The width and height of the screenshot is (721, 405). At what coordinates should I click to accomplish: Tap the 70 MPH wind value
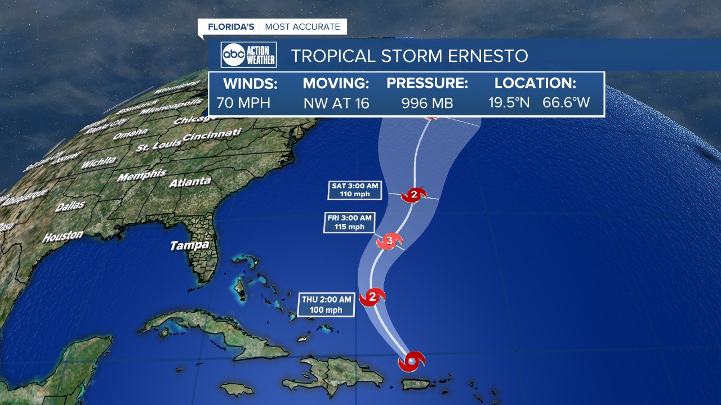[243, 103]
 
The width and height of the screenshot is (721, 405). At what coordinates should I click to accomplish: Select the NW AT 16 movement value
[336, 103]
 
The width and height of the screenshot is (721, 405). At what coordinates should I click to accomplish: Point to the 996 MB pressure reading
[427, 103]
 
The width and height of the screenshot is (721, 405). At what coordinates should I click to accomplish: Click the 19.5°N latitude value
[509, 103]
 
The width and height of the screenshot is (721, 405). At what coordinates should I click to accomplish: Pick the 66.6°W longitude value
[566, 103]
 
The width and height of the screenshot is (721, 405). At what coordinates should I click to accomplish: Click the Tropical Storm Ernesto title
[410, 56]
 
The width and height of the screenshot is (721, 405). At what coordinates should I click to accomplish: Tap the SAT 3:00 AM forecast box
[355, 190]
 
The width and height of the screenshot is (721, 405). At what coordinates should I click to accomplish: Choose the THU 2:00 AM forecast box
[326, 304]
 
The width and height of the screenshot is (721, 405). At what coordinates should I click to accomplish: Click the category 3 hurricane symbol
[389, 242]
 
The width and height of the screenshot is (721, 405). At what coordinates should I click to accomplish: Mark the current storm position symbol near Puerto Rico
[412, 361]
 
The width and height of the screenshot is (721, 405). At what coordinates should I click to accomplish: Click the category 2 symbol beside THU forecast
[372, 296]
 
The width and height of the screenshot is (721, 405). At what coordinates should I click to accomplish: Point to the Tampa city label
[190, 245]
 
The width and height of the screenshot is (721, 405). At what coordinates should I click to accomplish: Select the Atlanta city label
[190, 182]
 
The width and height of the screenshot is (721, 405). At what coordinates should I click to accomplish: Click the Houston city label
[63, 236]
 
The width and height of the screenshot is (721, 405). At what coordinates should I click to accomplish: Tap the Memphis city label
[142, 175]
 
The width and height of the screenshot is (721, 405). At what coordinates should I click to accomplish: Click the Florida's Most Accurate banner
[273, 26]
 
